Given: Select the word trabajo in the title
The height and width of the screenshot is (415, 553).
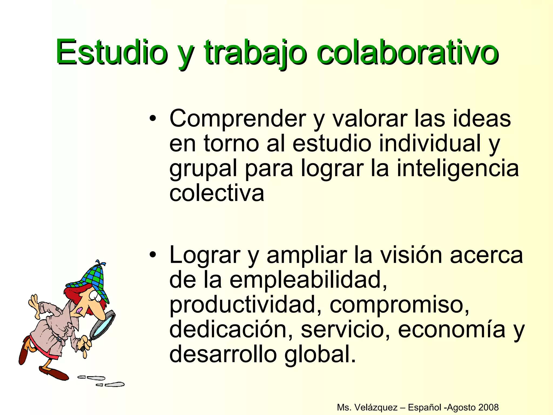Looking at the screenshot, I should (255, 53).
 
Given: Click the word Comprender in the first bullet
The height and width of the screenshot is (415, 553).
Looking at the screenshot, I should (238, 119).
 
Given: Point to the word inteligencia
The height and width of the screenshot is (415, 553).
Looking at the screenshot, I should (458, 169).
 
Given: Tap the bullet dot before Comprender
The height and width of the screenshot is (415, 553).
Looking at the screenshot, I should (153, 119).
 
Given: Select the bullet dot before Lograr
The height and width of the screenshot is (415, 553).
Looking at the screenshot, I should (153, 255).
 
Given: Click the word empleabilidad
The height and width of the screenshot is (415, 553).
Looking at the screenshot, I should (308, 280).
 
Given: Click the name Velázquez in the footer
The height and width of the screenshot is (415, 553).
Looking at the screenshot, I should (376, 407).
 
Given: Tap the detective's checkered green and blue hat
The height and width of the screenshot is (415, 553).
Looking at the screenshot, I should (90, 278).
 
